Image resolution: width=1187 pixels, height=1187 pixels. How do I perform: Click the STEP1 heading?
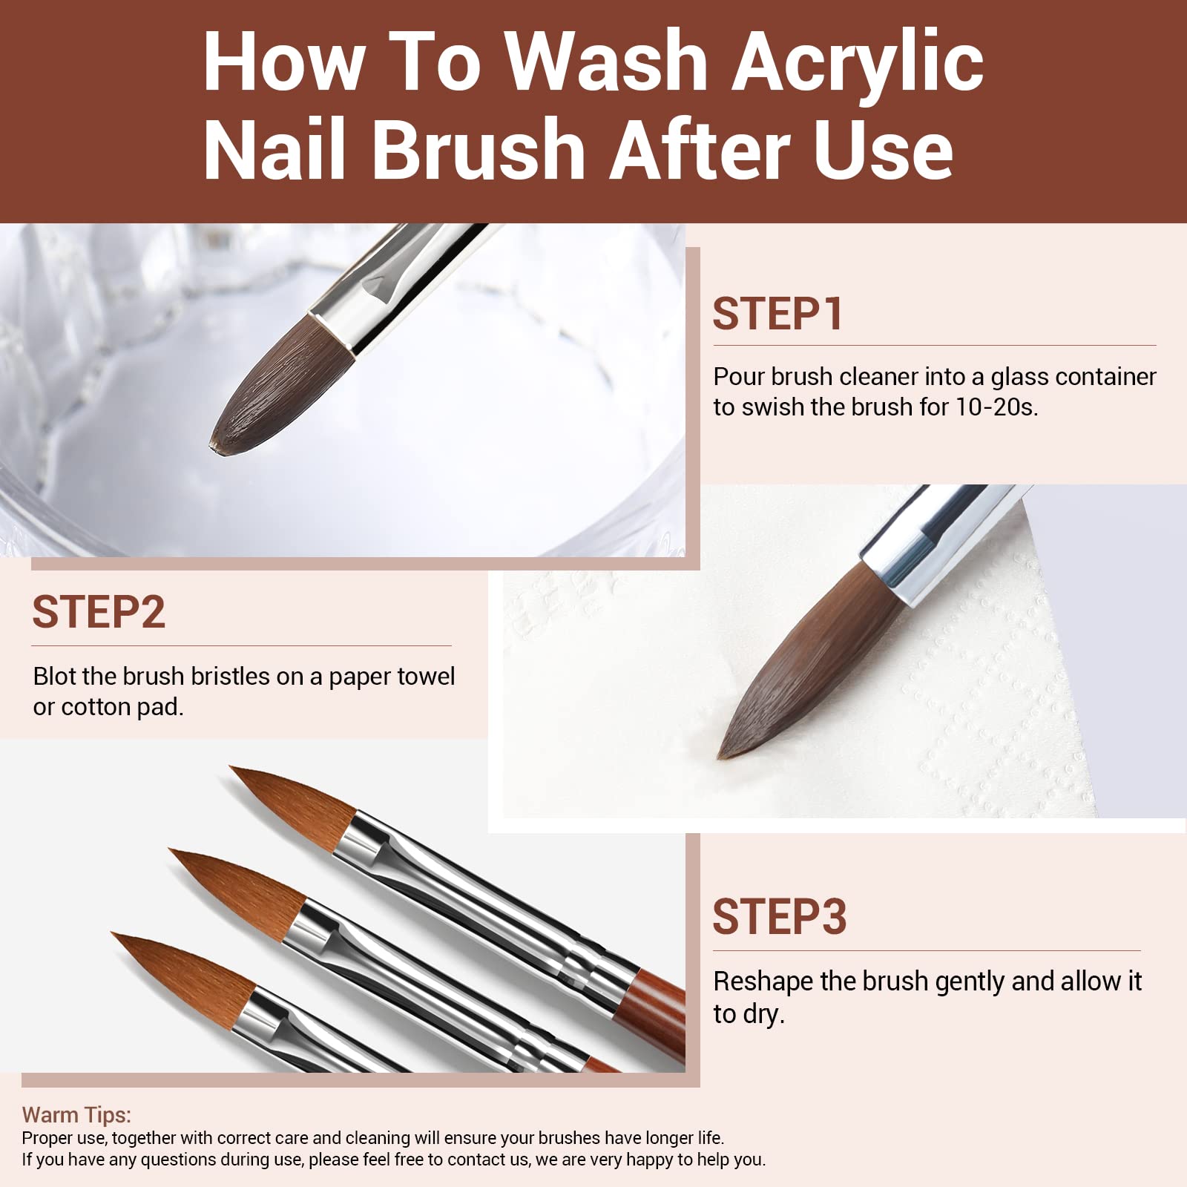[777, 314]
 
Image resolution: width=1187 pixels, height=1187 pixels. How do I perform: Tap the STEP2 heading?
[99, 612]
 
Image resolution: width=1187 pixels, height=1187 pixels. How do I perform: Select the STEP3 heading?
[779, 917]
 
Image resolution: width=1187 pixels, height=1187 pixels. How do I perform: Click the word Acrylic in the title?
[858, 63]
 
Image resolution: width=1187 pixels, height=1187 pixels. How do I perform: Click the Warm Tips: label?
[76, 1115]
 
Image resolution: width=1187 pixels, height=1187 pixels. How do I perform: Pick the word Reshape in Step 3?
[763, 982]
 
